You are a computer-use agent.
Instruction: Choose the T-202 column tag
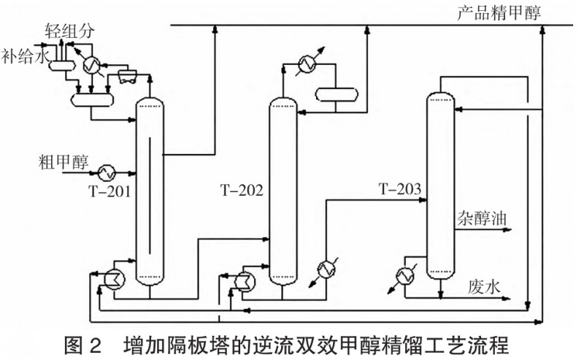click(x=242, y=191)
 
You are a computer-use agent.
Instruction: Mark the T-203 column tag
click(x=399, y=191)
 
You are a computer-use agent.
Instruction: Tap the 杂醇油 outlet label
click(x=482, y=219)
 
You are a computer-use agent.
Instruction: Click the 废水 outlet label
click(x=483, y=286)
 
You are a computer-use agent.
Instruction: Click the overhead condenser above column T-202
click(x=304, y=64)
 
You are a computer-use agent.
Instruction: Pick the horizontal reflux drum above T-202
click(x=335, y=93)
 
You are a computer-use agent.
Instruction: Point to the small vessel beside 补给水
click(x=58, y=65)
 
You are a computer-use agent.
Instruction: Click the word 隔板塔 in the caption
click(x=198, y=344)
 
